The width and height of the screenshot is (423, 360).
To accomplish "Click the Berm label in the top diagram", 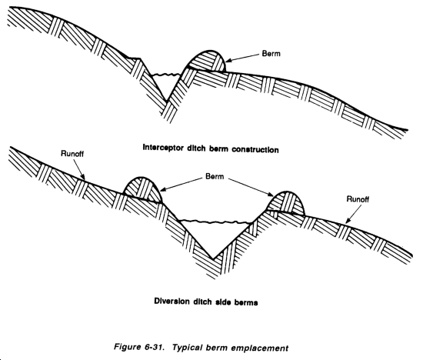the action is (271, 53).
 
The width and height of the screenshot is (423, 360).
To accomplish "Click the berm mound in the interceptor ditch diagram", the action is (207, 62).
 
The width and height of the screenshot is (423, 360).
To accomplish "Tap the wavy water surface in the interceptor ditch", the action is (165, 74).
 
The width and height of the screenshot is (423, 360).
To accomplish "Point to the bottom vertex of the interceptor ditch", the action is (167, 102).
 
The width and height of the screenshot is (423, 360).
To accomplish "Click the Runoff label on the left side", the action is (72, 154).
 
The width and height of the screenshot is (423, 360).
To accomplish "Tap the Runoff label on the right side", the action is (358, 199).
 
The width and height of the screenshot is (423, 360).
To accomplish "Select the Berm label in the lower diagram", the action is (215, 176).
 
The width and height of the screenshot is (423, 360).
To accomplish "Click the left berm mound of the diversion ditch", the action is (142, 189).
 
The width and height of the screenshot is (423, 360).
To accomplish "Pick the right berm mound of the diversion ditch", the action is (286, 202).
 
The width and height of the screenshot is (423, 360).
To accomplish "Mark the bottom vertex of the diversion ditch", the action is (213, 258).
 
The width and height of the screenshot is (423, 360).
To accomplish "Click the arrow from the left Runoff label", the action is (78, 169).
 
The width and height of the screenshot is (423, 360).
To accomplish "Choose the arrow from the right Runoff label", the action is (354, 214).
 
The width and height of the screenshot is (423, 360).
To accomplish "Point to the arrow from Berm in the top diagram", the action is (242, 57).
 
